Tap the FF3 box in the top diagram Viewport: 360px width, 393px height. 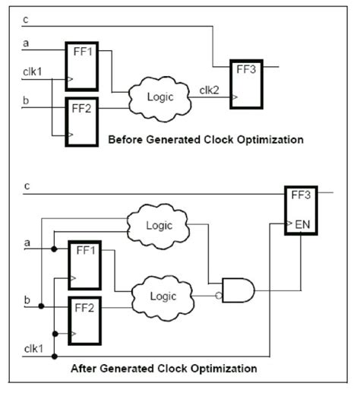click(x=245, y=81)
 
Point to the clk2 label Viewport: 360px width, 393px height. click(x=208, y=90)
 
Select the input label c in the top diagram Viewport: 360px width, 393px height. click(x=27, y=20)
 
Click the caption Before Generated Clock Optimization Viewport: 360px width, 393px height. click(x=205, y=140)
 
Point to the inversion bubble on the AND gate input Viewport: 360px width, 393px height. click(x=218, y=296)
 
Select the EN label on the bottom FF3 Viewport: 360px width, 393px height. click(x=301, y=225)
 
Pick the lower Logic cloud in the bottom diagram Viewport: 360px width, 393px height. click(x=159, y=296)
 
